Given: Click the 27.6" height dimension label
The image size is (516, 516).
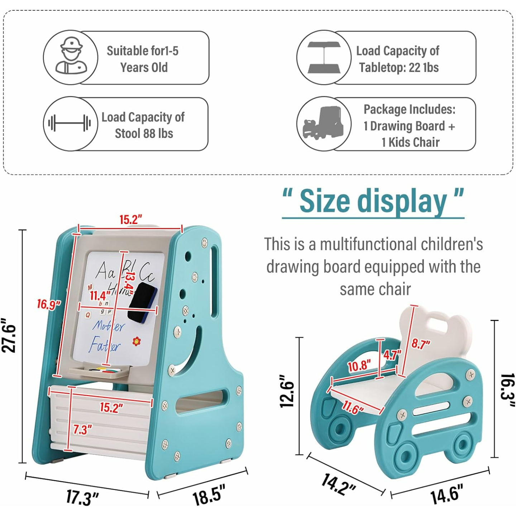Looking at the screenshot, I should pyautogui.click(x=9, y=335).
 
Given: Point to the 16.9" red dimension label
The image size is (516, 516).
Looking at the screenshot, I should pyautogui.click(x=49, y=305).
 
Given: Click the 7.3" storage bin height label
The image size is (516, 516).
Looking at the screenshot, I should pyautogui.click(x=82, y=429).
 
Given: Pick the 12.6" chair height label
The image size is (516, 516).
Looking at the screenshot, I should pyautogui.click(x=287, y=391).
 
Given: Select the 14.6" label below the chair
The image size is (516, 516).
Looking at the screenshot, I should pyautogui.click(x=446, y=494).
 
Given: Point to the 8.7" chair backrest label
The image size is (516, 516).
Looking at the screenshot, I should pyautogui.click(x=420, y=344).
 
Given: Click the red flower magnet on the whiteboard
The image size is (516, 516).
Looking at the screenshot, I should pyautogui.click(x=136, y=341).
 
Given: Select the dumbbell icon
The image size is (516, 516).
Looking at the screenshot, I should pyautogui.click(x=70, y=123).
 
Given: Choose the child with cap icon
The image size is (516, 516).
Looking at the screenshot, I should pyautogui.click(x=71, y=57).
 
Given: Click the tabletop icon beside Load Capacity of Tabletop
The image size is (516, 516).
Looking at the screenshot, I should pyautogui.click(x=324, y=57).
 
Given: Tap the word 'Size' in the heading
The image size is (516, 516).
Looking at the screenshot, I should pyautogui.click(x=325, y=201).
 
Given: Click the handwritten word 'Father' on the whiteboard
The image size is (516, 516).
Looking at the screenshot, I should pyautogui.click(x=105, y=345).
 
